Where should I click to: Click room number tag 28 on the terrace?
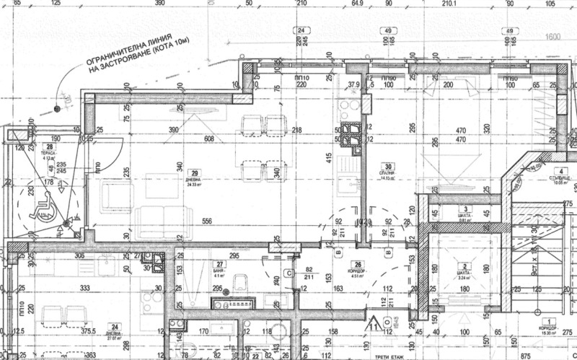[x=50, y=147]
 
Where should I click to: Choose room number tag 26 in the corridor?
[x=355, y=263]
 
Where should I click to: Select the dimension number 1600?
[x=554, y=36]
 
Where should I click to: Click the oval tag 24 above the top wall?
[x=299, y=30]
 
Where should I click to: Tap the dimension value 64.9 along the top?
[x=356, y=4]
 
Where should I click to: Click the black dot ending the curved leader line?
[x=56, y=109]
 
